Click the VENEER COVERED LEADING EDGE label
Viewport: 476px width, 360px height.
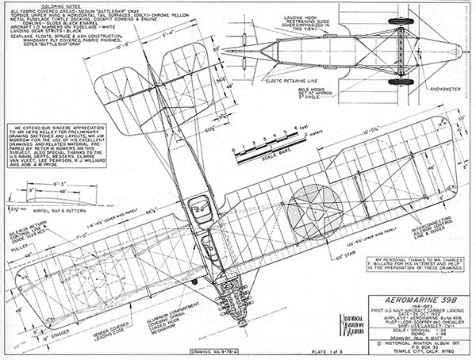coord(105,327)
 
